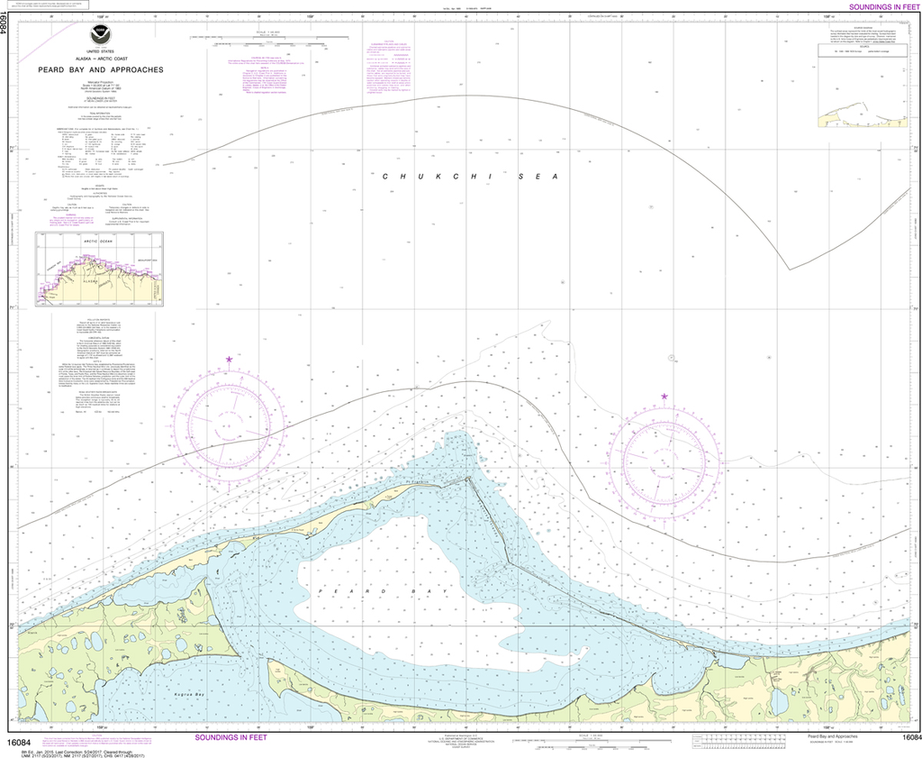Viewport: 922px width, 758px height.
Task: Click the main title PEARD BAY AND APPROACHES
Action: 100,68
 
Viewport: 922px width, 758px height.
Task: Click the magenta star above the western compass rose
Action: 229,360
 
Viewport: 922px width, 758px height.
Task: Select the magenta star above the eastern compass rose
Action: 664,397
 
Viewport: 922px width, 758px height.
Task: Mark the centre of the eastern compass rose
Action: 664,463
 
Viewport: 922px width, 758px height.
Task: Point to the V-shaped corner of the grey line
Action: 789,269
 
